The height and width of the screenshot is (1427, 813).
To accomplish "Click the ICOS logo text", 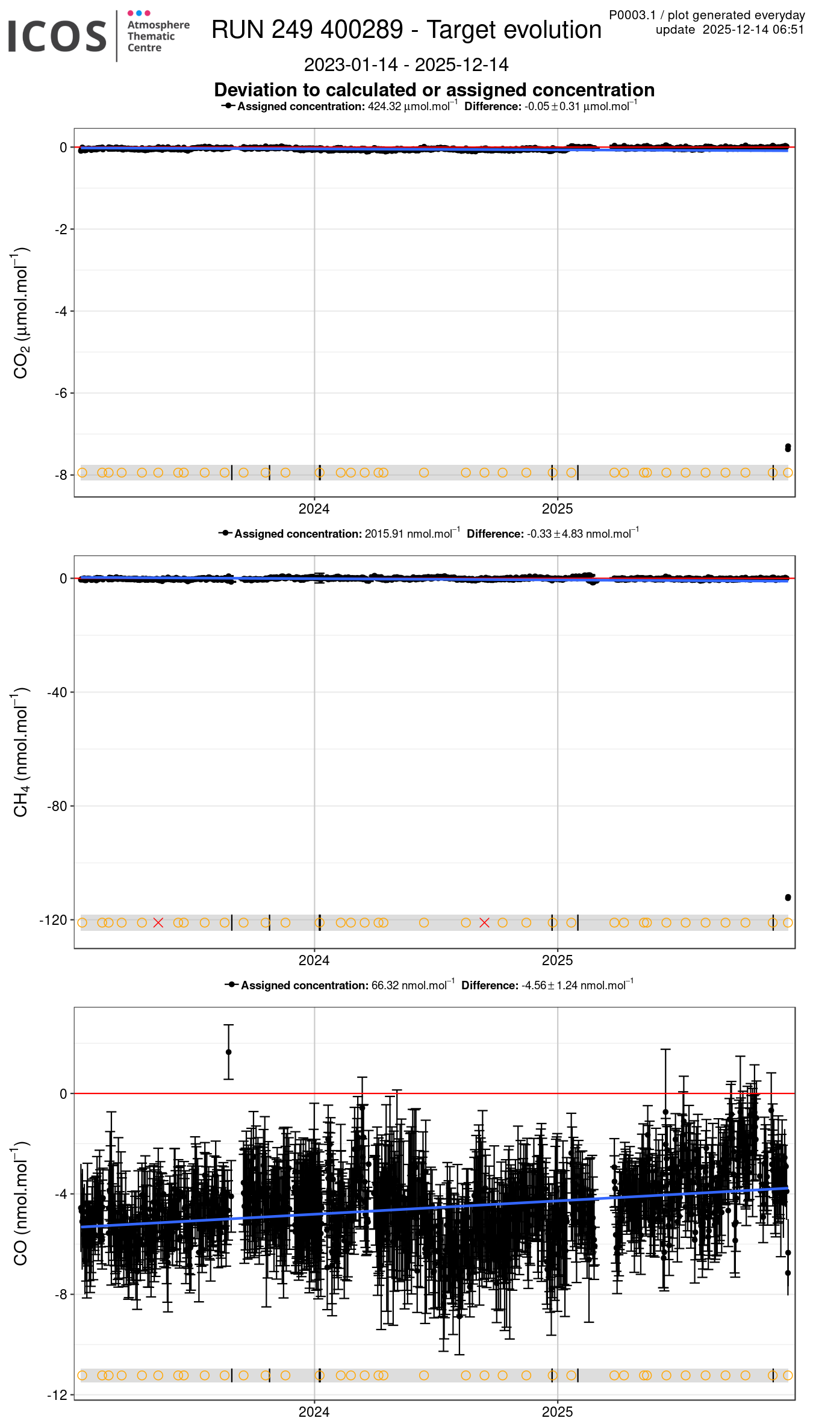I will (57, 36).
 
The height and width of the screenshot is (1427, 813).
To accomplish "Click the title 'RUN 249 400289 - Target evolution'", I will (406, 30).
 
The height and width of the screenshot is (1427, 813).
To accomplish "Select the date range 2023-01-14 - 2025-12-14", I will (406, 64).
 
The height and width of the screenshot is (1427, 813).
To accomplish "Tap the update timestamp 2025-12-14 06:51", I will (753, 30).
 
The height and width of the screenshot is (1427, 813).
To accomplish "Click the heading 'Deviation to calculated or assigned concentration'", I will (434, 90).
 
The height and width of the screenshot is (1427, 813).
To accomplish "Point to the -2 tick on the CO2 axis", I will (61, 229).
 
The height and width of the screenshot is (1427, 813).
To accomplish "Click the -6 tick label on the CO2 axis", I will (61, 393).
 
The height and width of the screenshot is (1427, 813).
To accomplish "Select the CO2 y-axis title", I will (21, 312).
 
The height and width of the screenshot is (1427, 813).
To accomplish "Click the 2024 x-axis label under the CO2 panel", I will (314, 509).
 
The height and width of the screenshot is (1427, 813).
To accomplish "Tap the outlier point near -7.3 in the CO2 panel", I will (788, 447).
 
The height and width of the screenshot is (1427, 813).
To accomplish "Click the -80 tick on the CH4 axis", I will (58, 806).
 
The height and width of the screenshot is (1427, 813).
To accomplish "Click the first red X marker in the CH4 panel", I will (158, 922).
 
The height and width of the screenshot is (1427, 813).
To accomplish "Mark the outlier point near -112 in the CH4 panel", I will (788, 898).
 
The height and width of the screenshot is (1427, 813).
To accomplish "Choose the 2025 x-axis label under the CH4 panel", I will (557, 960).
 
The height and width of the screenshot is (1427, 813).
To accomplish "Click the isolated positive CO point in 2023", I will (228, 1052).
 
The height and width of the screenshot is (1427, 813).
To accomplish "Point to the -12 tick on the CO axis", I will (58, 1396).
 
